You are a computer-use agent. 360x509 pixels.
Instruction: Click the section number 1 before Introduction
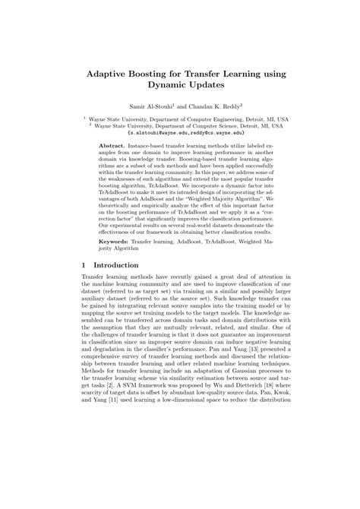pos(84,265)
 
